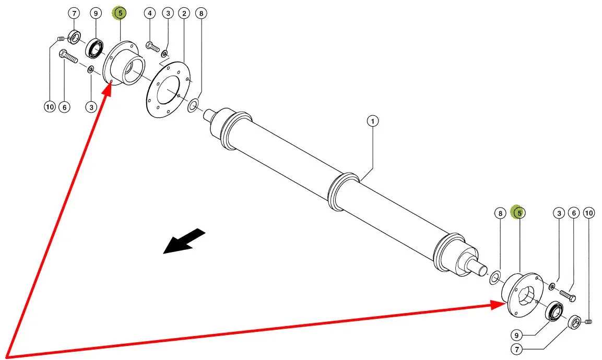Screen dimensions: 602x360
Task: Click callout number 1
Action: coord(372,122)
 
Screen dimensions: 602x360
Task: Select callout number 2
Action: coord(184,13)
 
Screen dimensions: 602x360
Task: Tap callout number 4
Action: coord(150,13)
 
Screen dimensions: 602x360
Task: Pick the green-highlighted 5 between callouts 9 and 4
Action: coord(120,13)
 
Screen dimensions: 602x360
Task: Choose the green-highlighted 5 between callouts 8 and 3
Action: coord(519,213)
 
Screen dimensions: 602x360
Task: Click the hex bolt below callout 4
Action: coord(153,47)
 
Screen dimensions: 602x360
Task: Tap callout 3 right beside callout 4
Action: coord(167,13)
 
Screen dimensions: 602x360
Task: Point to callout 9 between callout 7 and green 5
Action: coord(96,13)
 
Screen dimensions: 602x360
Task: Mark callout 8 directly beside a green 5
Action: coord(500,213)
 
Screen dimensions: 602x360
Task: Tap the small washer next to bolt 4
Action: coord(164,53)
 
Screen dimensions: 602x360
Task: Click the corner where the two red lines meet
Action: coord(7,357)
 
